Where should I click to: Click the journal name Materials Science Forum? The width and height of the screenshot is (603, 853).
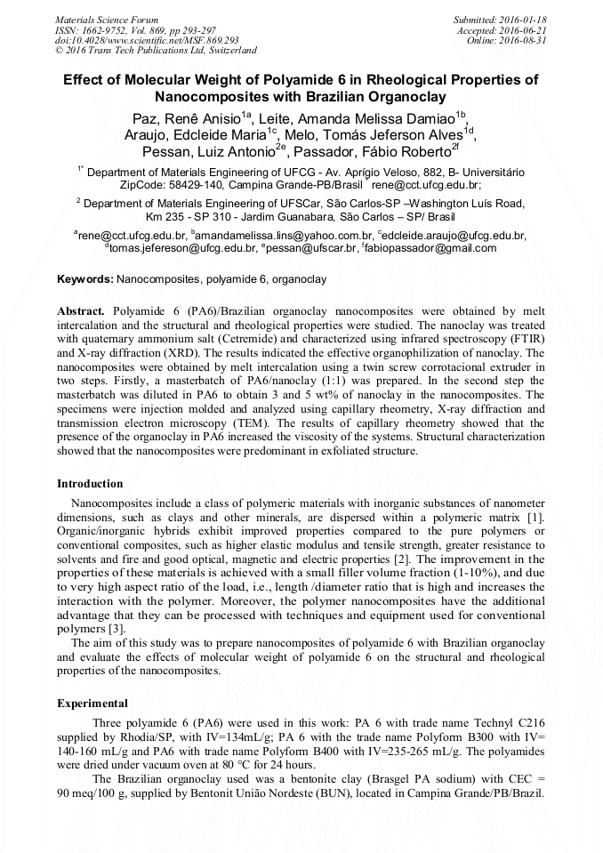[x=107, y=20]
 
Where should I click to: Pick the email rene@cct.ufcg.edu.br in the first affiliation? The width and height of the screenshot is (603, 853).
[x=426, y=185]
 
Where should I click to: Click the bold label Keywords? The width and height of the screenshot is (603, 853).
[x=85, y=279]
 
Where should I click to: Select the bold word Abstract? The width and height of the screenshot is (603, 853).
[x=81, y=312]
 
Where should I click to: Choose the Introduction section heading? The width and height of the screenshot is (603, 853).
[x=90, y=484]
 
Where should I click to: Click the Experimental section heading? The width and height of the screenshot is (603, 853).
[x=92, y=703]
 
